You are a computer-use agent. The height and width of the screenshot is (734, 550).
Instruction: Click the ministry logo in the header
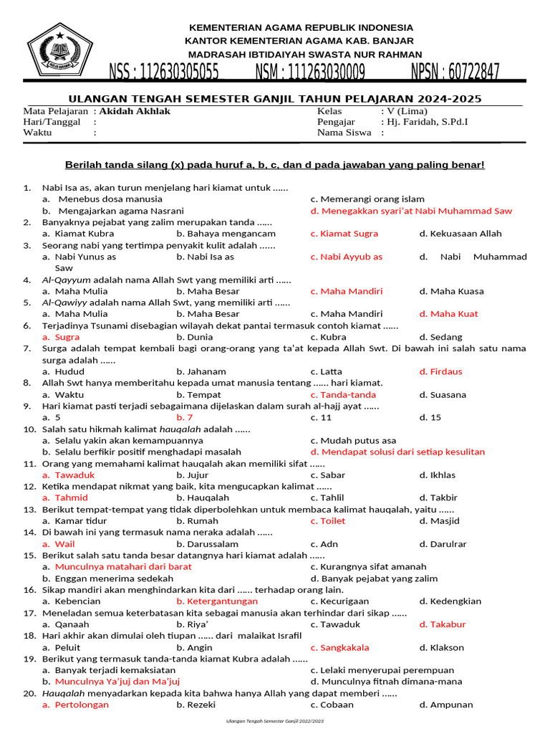pyautogui.click(x=64, y=49)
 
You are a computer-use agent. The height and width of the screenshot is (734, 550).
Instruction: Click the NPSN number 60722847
pyautogui.click(x=455, y=72)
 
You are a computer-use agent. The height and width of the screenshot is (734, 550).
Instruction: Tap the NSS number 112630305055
pyautogui.click(x=164, y=72)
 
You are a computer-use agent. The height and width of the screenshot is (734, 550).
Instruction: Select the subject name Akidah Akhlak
pyautogui.click(x=135, y=111)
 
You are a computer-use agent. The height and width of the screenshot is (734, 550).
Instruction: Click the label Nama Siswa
pyautogui.click(x=344, y=133)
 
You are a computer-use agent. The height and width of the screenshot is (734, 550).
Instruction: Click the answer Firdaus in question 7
pyautogui.click(x=446, y=371)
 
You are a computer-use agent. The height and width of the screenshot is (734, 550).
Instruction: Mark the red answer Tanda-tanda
pyautogui.click(x=347, y=395)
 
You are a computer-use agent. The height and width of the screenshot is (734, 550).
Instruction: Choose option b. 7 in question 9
pyautogui.click(x=185, y=417)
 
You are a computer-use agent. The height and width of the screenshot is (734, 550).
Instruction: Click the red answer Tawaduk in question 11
pyautogui.click(x=74, y=475)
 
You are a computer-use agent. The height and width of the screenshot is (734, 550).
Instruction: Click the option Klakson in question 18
pyautogui.click(x=447, y=647)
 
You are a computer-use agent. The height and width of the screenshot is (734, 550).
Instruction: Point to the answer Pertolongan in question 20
pyautogui.click(x=82, y=705)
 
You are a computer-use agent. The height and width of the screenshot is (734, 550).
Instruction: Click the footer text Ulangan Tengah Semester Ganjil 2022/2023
pyautogui.click(x=275, y=720)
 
